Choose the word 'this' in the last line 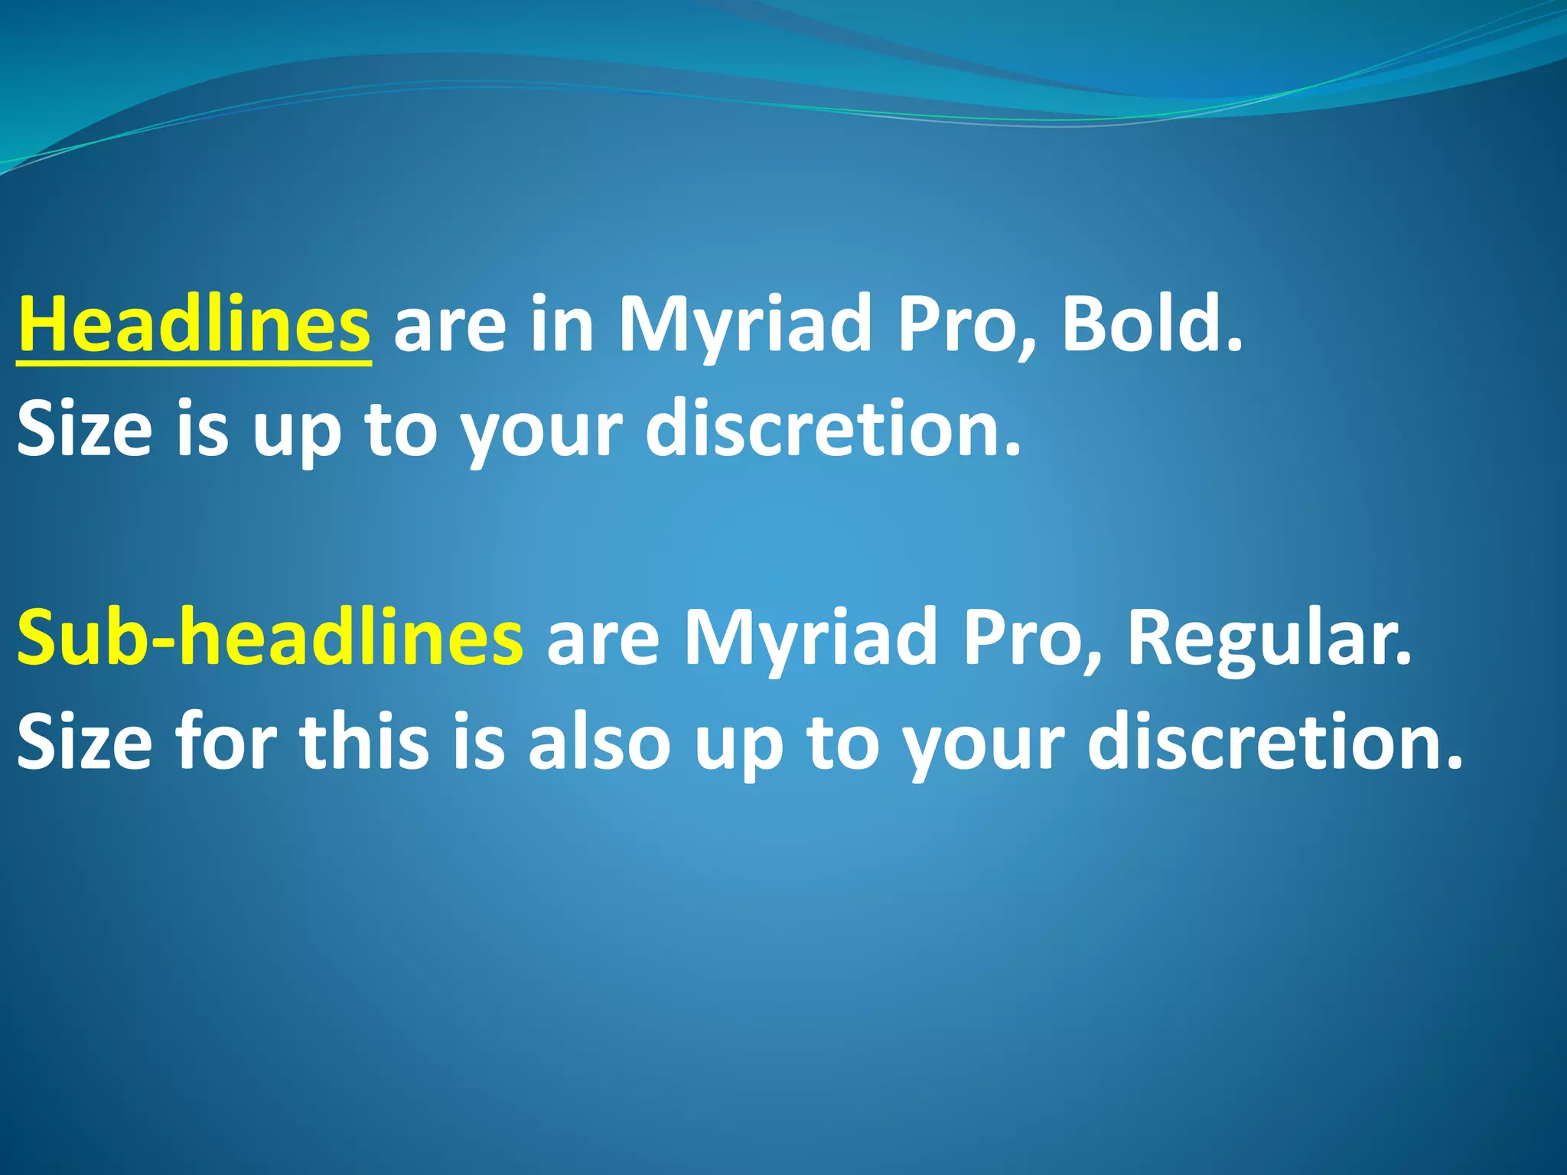pos(364,742)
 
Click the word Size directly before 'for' pos(85,742)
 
